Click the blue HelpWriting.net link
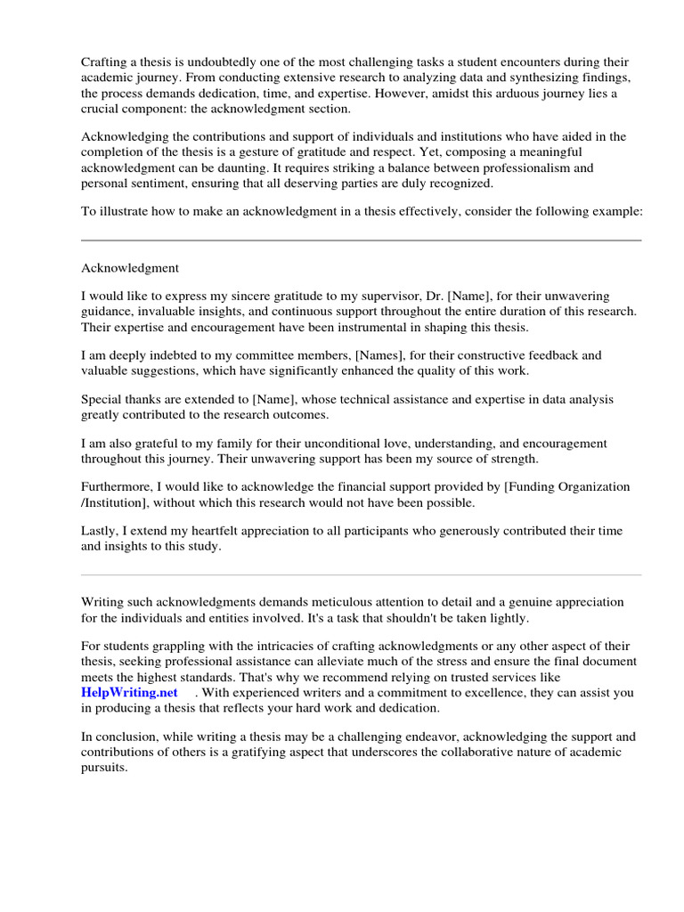coord(129,692)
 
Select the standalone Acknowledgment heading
coord(130,267)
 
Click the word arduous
coord(494,94)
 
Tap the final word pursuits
coord(104,767)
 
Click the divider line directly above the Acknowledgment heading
coord(361,240)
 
